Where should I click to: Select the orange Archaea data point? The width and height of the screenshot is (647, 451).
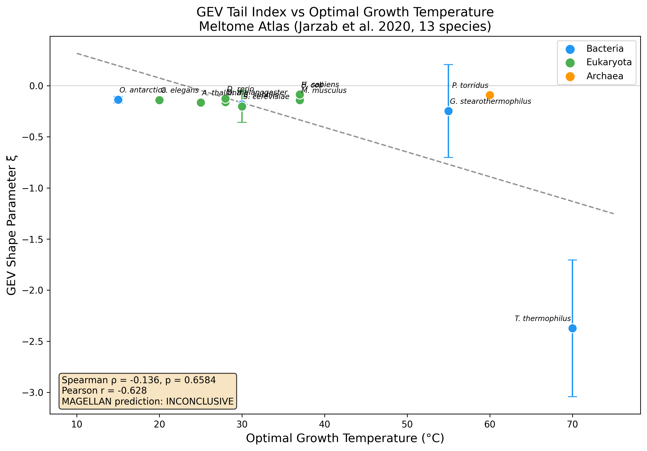click(x=490, y=95)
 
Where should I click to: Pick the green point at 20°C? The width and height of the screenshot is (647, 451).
click(x=160, y=100)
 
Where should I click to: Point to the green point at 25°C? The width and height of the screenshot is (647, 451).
click(x=201, y=102)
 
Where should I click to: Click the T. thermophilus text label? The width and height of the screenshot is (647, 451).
click(x=542, y=319)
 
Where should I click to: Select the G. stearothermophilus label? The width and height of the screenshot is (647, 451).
click(x=490, y=101)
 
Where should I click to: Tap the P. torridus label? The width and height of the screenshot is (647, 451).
click(x=470, y=85)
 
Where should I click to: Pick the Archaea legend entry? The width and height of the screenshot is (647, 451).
click(x=605, y=76)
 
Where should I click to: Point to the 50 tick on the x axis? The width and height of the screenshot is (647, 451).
click(x=407, y=424)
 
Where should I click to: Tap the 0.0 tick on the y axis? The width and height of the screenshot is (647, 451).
click(x=36, y=86)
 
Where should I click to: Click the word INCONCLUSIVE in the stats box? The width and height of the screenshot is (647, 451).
click(x=200, y=401)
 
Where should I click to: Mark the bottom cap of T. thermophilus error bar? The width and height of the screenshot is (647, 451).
click(x=572, y=397)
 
